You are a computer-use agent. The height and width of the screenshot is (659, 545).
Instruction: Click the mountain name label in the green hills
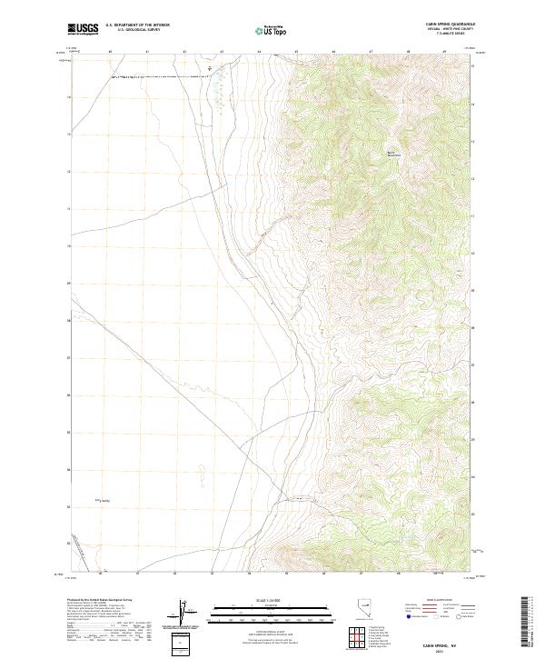click(x=393, y=154)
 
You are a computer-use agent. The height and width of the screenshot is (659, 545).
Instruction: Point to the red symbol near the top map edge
click(x=212, y=66)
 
